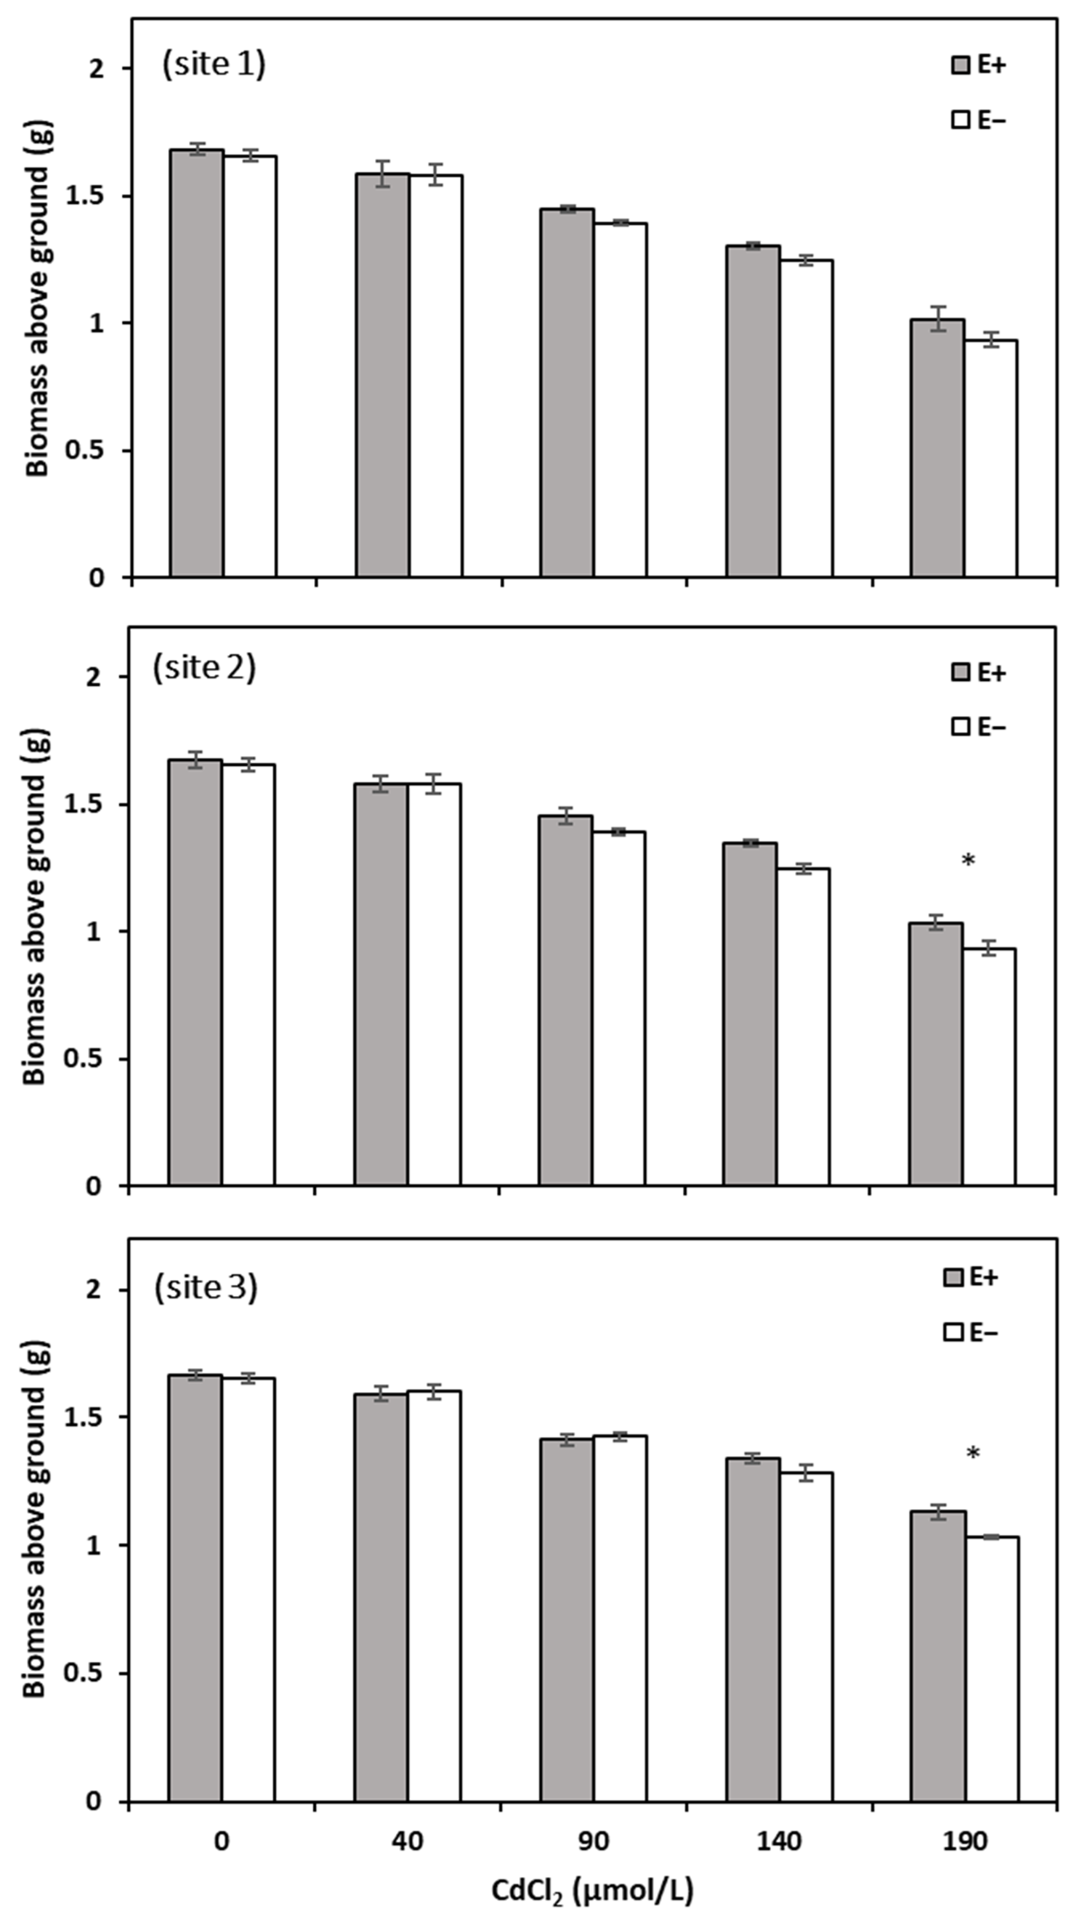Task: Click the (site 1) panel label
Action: tap(214, 65)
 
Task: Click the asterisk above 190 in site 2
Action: tap(968, 861)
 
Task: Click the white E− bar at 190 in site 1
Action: tap(990, 459)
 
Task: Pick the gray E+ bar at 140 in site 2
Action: tap(750, 1014)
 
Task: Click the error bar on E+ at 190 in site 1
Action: tap(937, 319)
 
